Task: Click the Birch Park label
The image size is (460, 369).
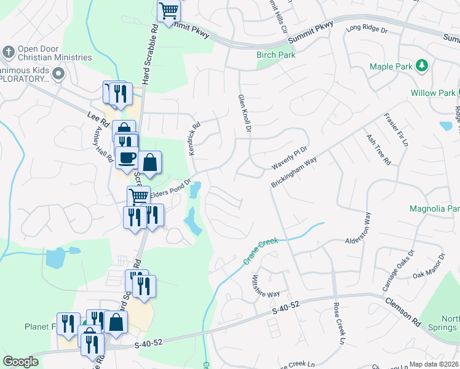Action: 276,55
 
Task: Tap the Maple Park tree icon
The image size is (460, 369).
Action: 422,65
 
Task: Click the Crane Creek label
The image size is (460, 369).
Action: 260,252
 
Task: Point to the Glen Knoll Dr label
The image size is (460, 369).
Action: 244,113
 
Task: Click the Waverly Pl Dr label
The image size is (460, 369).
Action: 289,159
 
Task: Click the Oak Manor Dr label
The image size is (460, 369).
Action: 428,266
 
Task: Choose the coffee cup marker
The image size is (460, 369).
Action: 127,157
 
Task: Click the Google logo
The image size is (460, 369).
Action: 20,362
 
